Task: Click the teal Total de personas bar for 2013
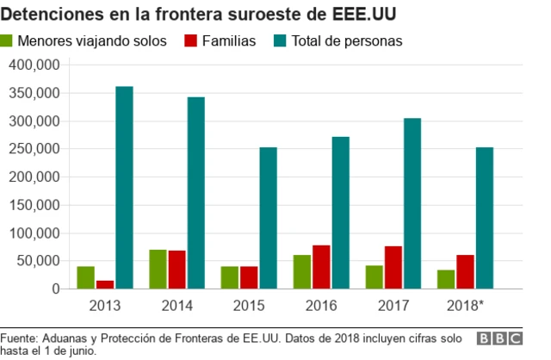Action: click(x=124, y=188)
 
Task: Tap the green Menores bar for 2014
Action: click(x=158, y=269)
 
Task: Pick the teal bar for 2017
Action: click(x=412, y=203)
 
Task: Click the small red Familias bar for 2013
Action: click(x=104, y=284)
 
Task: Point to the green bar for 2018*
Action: click(x=447, y=279)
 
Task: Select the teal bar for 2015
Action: click(x=269, y=218)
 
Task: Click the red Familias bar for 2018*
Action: click(x=465, y=271)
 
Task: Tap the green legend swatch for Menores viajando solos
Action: click(x=7, y=40)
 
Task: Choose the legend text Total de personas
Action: click(x=347, y=40)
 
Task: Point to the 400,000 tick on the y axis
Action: click(x=34, y=65)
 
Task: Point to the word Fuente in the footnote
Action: click(x=20, y=337)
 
